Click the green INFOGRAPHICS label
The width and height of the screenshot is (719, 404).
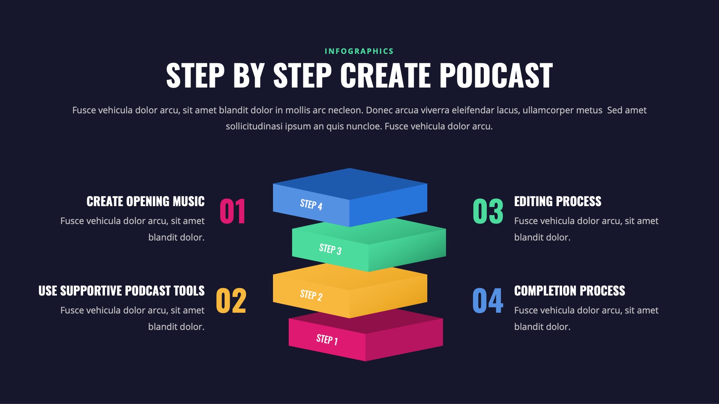pyautogui.click(x=359, y=51)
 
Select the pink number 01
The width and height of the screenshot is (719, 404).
pyautogui.click(x=233, y=211)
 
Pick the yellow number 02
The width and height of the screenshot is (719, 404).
pyautogui.click(x=231, y=301)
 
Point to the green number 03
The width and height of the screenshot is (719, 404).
pyautogui.click(x=488, y=211)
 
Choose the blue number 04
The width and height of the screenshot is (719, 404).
pyautogui.click(x=488, y=301)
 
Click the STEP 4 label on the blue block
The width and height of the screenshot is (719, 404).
pyautogui.click(x=311, y=205)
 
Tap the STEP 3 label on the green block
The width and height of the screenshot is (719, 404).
pyautogui.click(x=330, y=249)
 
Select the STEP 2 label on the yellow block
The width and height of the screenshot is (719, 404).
pyautogui.click(x=311, y=295)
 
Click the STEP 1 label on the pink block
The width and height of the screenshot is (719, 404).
pyautogui.click(x=327, y=340)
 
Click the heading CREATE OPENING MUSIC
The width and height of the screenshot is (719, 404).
pyautogui.click(x=146, y=201)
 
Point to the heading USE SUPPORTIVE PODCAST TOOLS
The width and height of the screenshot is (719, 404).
pyautogui.click(x=122, y=291)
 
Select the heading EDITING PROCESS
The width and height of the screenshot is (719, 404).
pyautogui.click(x=558, y=201)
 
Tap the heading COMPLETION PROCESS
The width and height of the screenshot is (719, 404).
pyautogui.click(x=570, y=291)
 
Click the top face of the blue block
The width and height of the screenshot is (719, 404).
pyautogui.click(x=350, y=183)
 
